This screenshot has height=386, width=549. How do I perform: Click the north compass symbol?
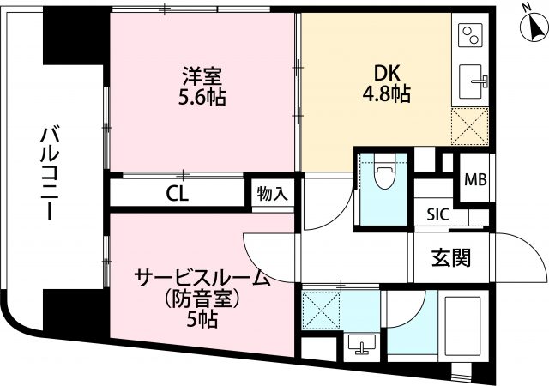(534, 27)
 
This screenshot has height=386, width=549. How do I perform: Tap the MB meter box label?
(475, 179)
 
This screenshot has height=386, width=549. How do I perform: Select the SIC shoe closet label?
(437, 214)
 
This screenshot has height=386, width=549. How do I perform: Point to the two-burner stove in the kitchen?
(470, 35)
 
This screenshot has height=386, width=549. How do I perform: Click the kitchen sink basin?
(471, 81)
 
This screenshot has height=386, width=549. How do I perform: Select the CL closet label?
(178, 193)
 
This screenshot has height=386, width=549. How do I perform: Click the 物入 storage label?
(273, 194)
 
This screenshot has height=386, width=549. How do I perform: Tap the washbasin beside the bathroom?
(362, 344)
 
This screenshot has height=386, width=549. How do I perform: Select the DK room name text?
(387, 74)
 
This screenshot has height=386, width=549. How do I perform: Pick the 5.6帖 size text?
(202, 97)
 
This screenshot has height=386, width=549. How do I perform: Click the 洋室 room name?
(202, 76)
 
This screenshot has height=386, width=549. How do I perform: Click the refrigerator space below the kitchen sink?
(469, 126)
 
